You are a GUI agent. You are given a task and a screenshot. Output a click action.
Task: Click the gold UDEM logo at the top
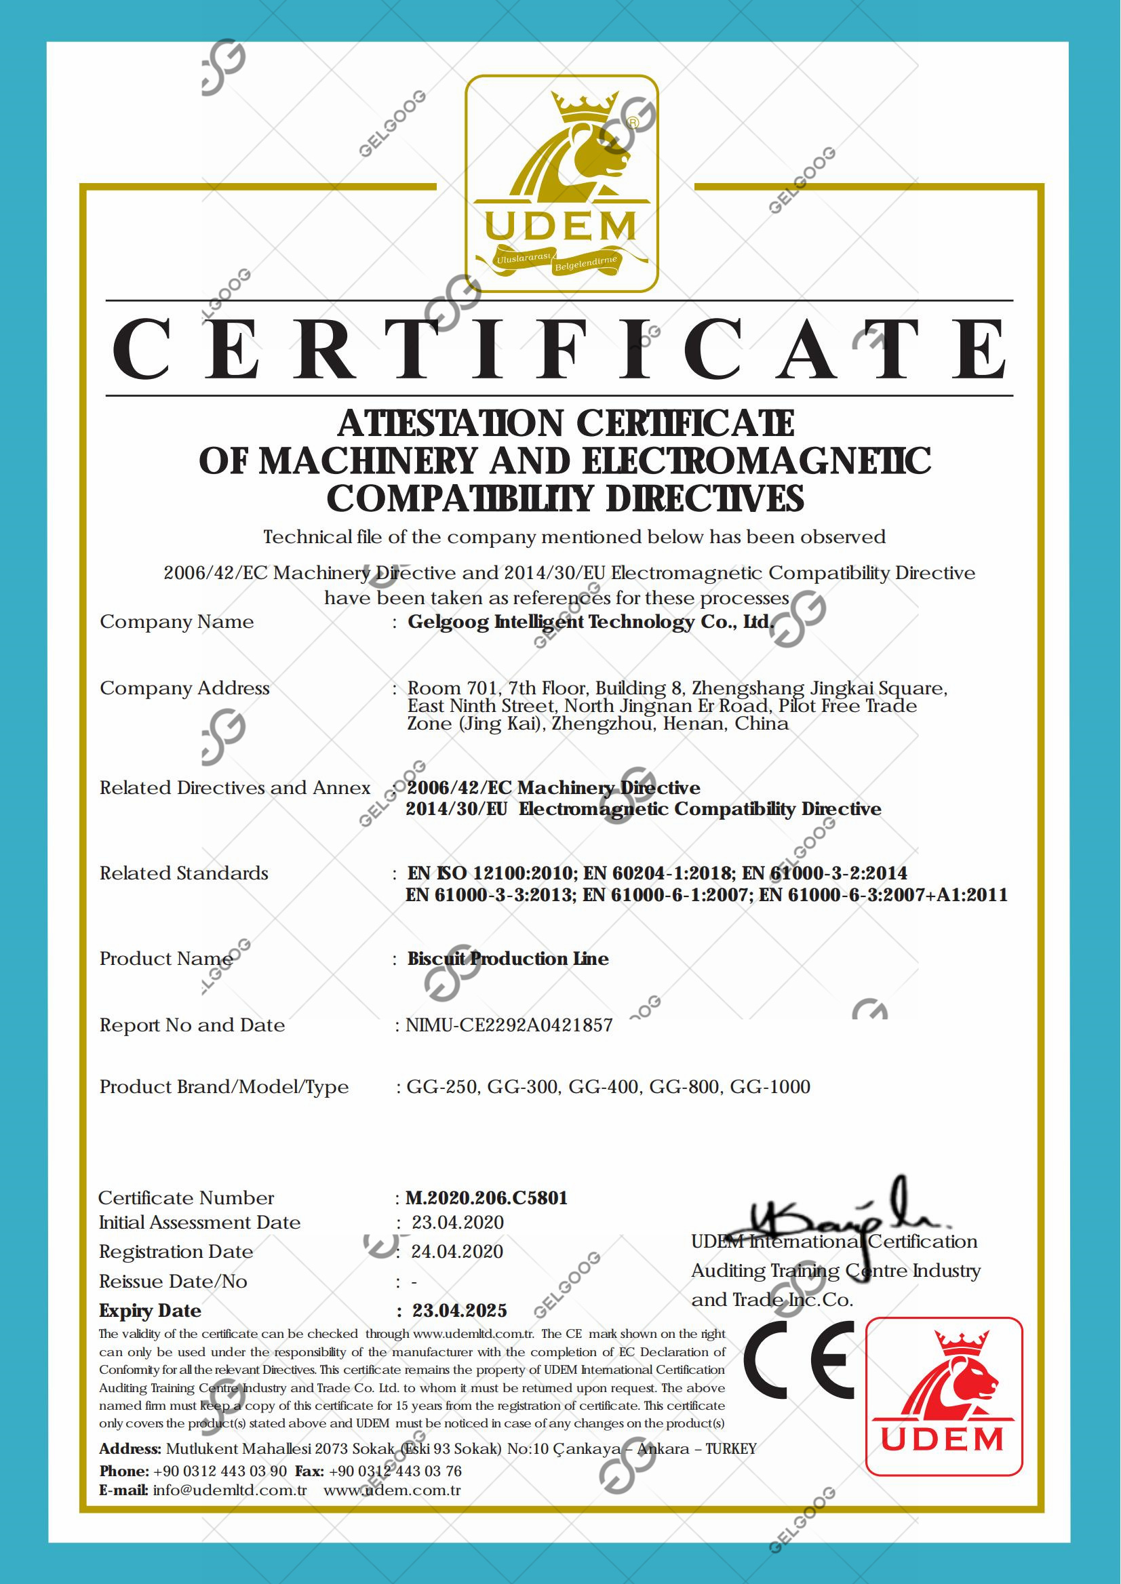coord(562,184)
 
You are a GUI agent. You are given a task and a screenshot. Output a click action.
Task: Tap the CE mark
coord(799,1360)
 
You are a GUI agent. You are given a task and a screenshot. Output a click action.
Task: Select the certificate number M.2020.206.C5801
coord(487,1198)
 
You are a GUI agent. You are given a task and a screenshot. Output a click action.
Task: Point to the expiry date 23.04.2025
coord(460,1311)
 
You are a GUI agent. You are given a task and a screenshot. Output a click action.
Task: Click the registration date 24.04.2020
coord(457,1252)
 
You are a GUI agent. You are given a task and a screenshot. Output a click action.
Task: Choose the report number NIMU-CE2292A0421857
coord(509,1026)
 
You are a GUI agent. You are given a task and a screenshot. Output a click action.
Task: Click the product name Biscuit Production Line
coord(508,959)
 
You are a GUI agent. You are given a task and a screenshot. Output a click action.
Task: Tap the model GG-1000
coord(770,1087)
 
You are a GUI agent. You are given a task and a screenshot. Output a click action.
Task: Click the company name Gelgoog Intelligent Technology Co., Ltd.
coord(590,622)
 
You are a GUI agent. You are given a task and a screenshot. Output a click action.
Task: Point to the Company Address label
coord(184,688)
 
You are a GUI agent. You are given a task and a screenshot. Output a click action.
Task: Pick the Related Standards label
coord(184,873)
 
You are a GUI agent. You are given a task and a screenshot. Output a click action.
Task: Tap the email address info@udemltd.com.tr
coord(230,1490)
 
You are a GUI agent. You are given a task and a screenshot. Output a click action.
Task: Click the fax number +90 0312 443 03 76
coord(395,1471)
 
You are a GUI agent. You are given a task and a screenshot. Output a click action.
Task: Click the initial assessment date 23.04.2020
coord(458,1223)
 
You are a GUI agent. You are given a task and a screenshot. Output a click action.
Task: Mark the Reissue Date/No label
coord(173,1282)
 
